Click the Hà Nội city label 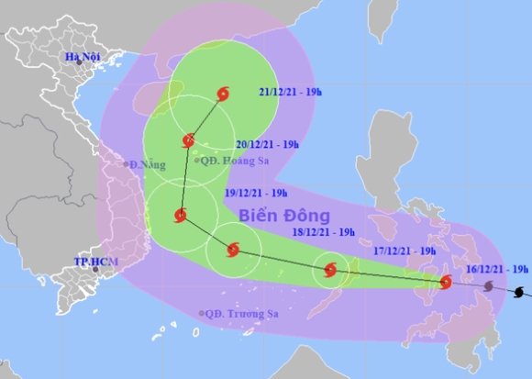click(82, 60)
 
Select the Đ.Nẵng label click(148, 164)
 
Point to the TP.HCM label click(93, 262)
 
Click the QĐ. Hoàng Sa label click(236, 160)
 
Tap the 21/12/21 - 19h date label click(289, 94)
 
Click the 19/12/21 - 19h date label click(256, 193)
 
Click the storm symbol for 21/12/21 click(223, 94)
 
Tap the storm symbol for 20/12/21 click(189, 141)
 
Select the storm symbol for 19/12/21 click(181, 217)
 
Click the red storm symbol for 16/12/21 click(446, 283)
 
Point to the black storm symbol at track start click(520, 293)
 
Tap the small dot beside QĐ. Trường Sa click(202, 314)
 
